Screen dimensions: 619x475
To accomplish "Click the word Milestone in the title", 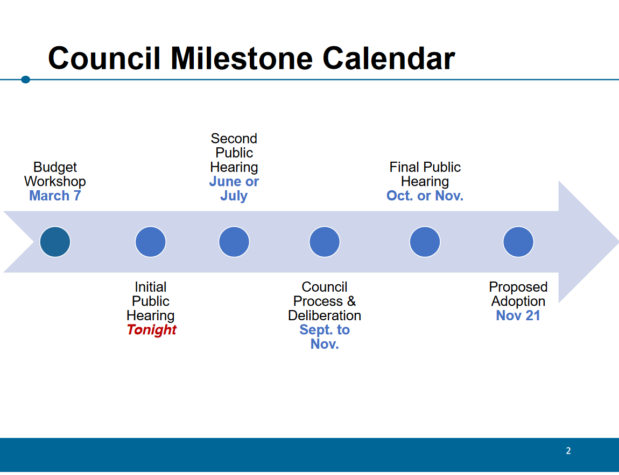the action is (242, 59).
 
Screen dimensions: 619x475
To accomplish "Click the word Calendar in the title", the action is (389, 59).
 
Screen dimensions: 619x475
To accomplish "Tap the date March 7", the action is (55, 196).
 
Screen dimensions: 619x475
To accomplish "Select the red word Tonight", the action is (152, 330).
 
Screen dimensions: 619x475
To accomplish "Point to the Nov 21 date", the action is (518, 315).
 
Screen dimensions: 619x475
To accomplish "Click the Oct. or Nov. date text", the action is (425, 196).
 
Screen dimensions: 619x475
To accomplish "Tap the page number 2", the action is (568, 451).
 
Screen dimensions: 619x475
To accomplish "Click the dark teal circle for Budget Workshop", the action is (55, 242).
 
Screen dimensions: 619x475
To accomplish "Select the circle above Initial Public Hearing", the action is (150, 242).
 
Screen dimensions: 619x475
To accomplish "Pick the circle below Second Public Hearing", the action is (234, 242).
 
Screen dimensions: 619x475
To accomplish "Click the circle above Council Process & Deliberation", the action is (325, 242).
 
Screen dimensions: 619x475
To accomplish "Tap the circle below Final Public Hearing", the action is (425, 242).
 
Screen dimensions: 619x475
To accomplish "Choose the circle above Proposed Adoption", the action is (518, 242).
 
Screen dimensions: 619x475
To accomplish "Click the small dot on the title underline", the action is (26, 80).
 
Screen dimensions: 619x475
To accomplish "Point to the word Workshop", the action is (55, 181).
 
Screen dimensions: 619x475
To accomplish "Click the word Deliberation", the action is (325, 315).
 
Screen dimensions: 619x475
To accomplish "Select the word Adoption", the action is (518, 301).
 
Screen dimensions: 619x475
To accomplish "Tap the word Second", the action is (234, 138).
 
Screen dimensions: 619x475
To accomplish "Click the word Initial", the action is (150, 286).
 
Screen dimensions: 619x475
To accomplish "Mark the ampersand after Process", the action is (351, 301).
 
